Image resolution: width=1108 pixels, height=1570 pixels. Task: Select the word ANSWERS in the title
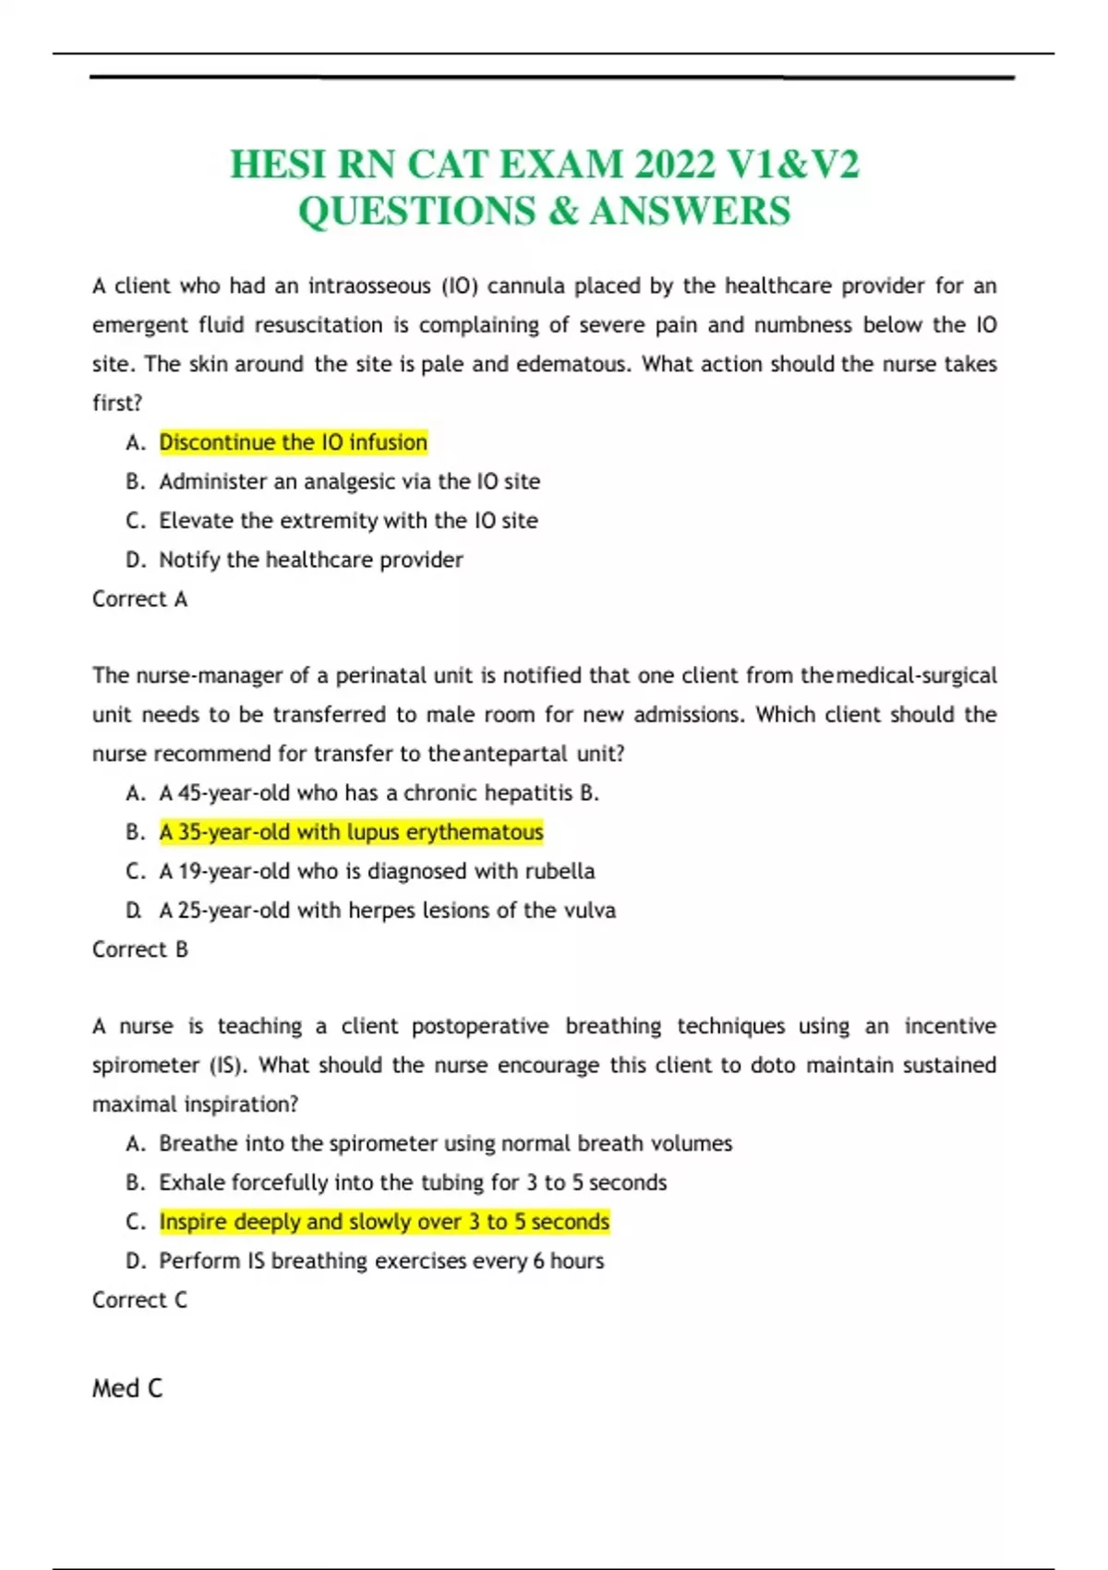pyautogui.click(x=690, y=211)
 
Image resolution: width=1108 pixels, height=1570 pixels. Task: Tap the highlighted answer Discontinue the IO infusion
pyautogui.click(x=293, y=442)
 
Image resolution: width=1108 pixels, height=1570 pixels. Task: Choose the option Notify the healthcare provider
pyautogui.click(x=310, y=560)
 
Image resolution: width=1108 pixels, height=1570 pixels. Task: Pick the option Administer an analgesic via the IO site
pyautogui.click(x=349, y=481)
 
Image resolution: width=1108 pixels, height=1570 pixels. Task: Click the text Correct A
pyautogui.click(x=139, y=599)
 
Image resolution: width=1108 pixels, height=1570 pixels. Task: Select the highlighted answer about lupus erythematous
pyautogui.click(x=351, y=832)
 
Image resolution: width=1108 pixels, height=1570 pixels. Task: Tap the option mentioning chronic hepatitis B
pyautogui.click(x=379, y=793)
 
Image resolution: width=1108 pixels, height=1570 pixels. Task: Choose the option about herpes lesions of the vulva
pyautogui.click(x=387, y=911)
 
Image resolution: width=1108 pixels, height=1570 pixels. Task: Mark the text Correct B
pyautogui.click(x=139, y=949)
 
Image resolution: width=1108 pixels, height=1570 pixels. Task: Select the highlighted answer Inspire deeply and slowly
pyautogui.click(x=384, y=1222)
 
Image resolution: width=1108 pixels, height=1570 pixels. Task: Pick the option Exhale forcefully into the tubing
pyautogui.click(x=412, y=1183)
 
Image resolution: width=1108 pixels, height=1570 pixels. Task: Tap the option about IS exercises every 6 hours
pyautogui.click(x=381, y=1262)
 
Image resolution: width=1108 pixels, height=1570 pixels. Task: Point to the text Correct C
pyautogui.click(x=139, y=1300)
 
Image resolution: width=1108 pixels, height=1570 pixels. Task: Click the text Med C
pyautogui.click(x=127, y=1388)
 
